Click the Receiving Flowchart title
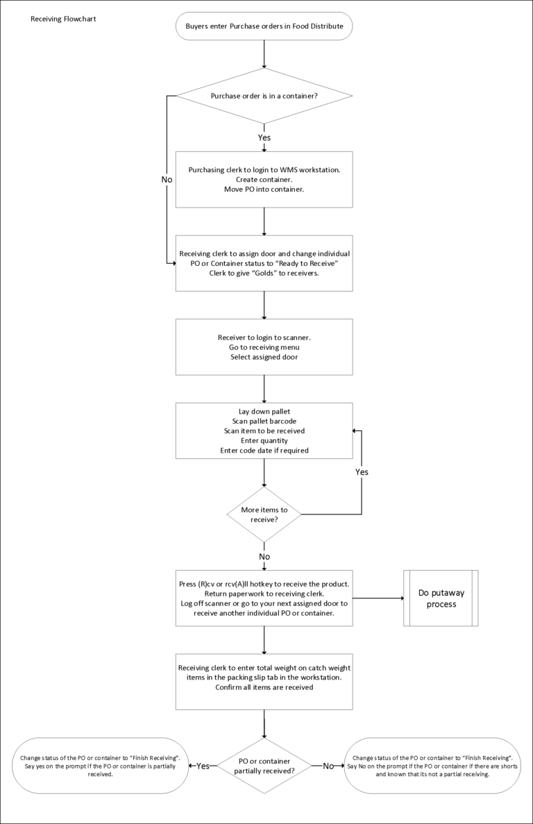point(63,19)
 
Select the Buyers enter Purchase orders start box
point(264,26)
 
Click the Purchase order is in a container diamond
point(264,96)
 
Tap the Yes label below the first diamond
point(264,137)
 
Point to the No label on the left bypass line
point(167,179)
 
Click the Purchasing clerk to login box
point(264,179)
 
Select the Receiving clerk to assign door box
point(264,262)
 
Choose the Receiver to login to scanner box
point(264,347)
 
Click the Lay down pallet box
point(264,430)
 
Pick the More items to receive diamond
point(264,514)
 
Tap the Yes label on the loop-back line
point(362,472)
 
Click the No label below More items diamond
point(264,557)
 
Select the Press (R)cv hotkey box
point(264,598)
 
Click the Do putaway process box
point(441,598)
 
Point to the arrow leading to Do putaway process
point(378,598)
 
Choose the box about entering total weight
point(264,682)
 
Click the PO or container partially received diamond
point(264,766)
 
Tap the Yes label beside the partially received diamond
point(203,766)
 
